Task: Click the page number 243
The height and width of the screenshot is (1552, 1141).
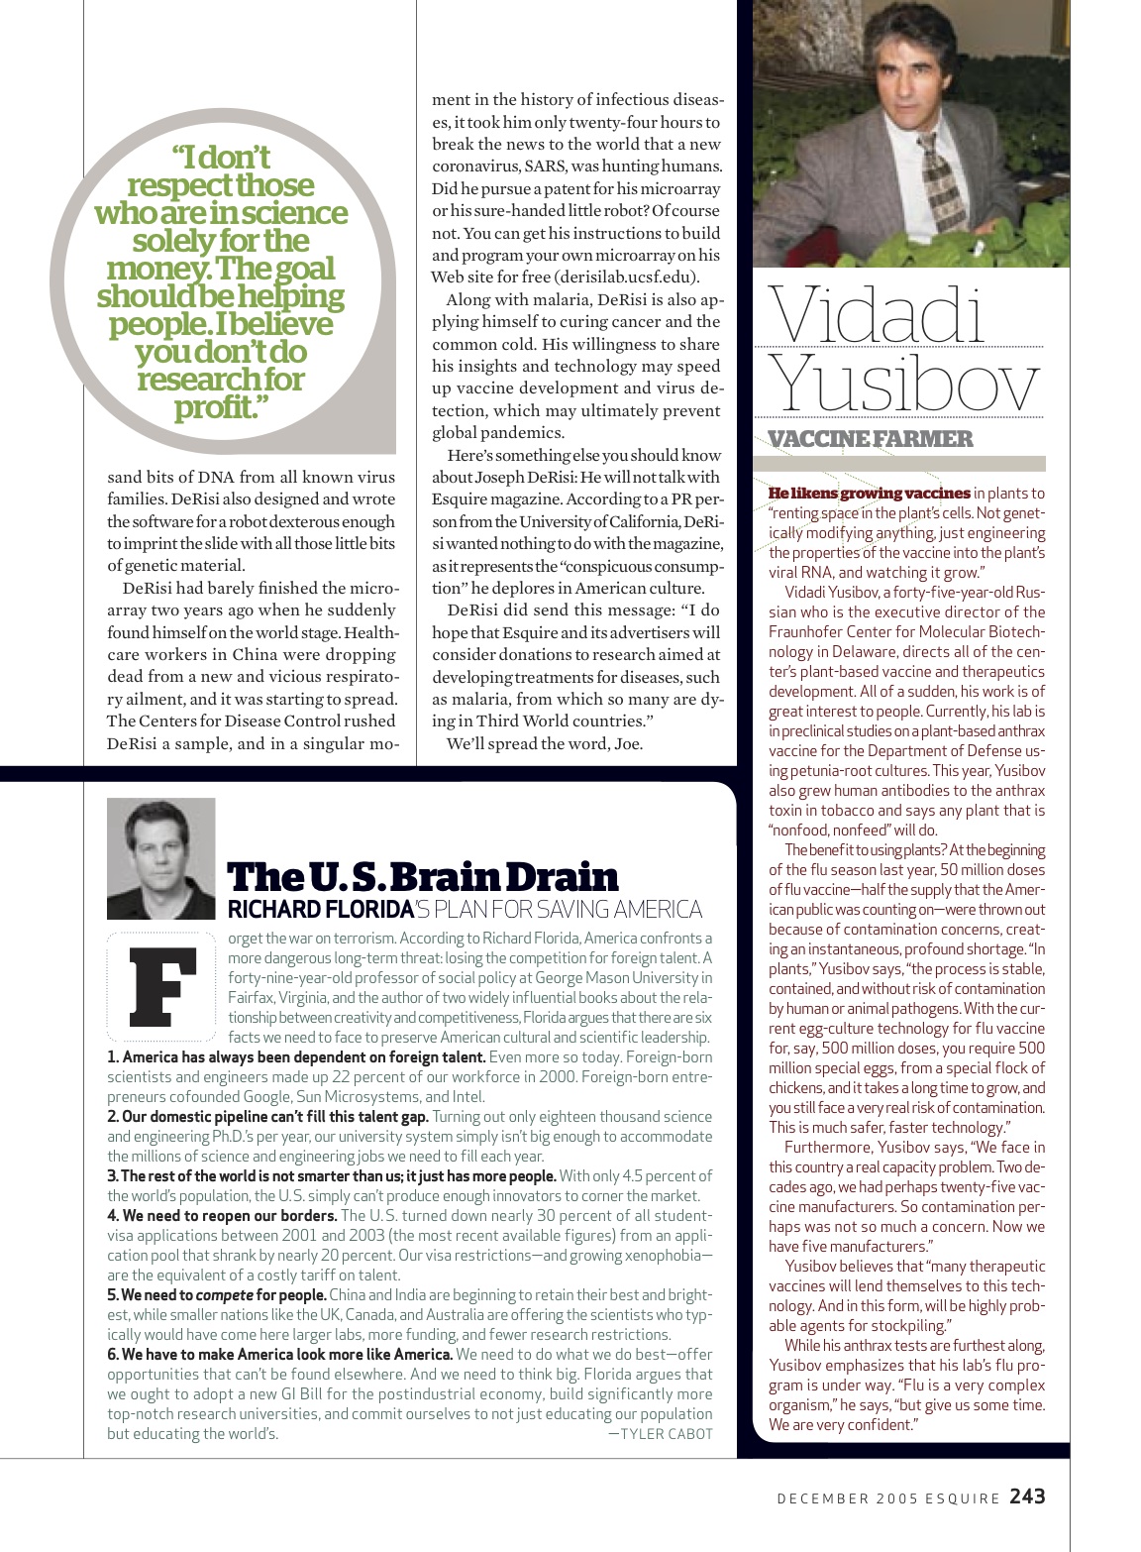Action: click(1027, 1497)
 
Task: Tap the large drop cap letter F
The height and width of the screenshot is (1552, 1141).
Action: click(163, 986)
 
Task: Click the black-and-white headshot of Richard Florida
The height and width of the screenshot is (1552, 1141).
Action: click(160, 857)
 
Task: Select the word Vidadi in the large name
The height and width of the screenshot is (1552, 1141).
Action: click(878, 314)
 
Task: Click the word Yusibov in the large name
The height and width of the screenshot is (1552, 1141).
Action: click(904, 383)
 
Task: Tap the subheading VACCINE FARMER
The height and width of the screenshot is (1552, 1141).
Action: click(871, 438)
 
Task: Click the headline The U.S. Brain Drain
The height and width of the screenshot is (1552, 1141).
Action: click(423, 877)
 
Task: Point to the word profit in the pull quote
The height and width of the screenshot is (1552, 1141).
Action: click(215, 406)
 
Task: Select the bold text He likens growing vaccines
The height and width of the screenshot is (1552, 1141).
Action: click(869, 493)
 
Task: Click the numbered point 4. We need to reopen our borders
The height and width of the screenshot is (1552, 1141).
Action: click(222, 1215)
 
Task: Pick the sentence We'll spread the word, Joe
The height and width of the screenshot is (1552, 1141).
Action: click(545, 743)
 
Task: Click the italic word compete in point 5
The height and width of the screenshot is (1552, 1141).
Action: click(224, 1294)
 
